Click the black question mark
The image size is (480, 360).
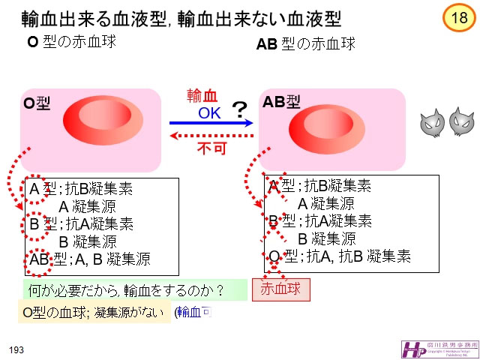coord(239,112)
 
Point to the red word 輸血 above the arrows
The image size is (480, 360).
coord(202,95)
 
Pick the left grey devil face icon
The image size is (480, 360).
coord(430,123)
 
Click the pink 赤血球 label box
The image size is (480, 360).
coord(280,289)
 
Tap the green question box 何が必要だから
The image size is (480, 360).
coord(133,289)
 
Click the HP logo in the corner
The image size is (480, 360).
coord(412,349)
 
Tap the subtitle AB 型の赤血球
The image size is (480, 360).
coord(305,44)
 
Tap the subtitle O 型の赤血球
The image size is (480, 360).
coord(71,41)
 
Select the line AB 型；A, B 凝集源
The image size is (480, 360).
coord(89,259)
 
